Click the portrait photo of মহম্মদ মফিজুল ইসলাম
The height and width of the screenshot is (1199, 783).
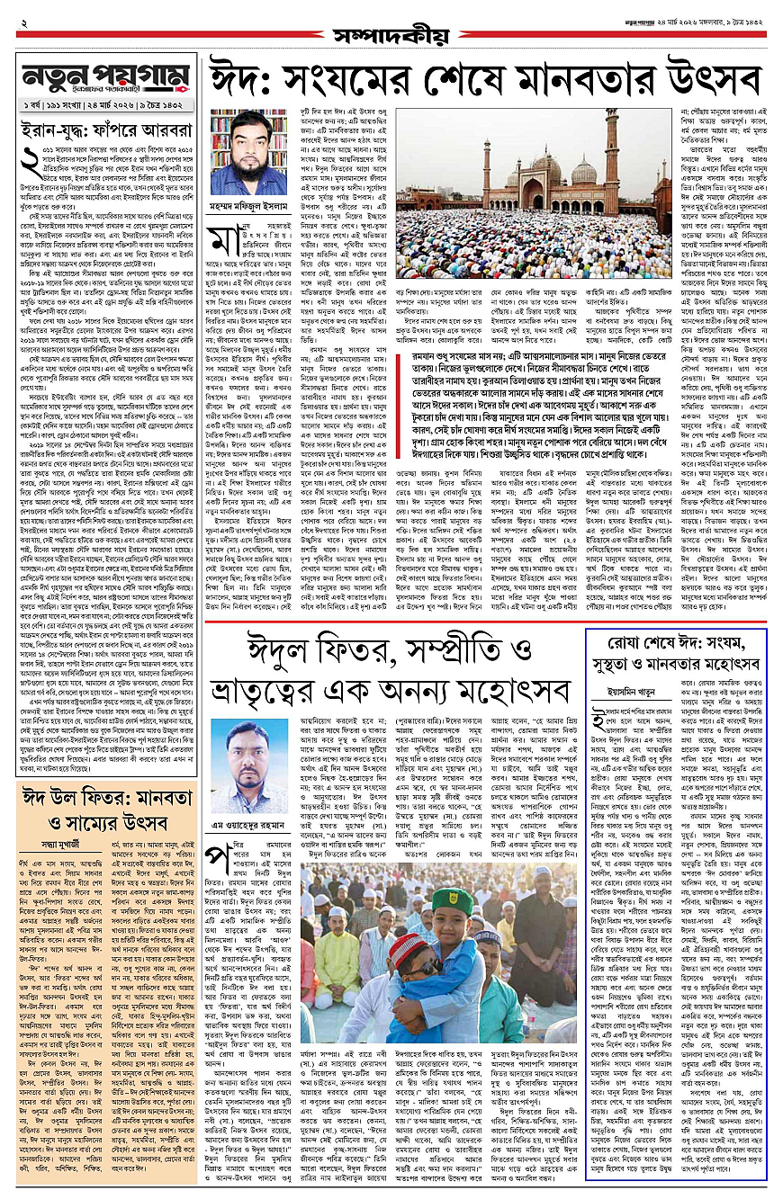pos(247,149)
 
